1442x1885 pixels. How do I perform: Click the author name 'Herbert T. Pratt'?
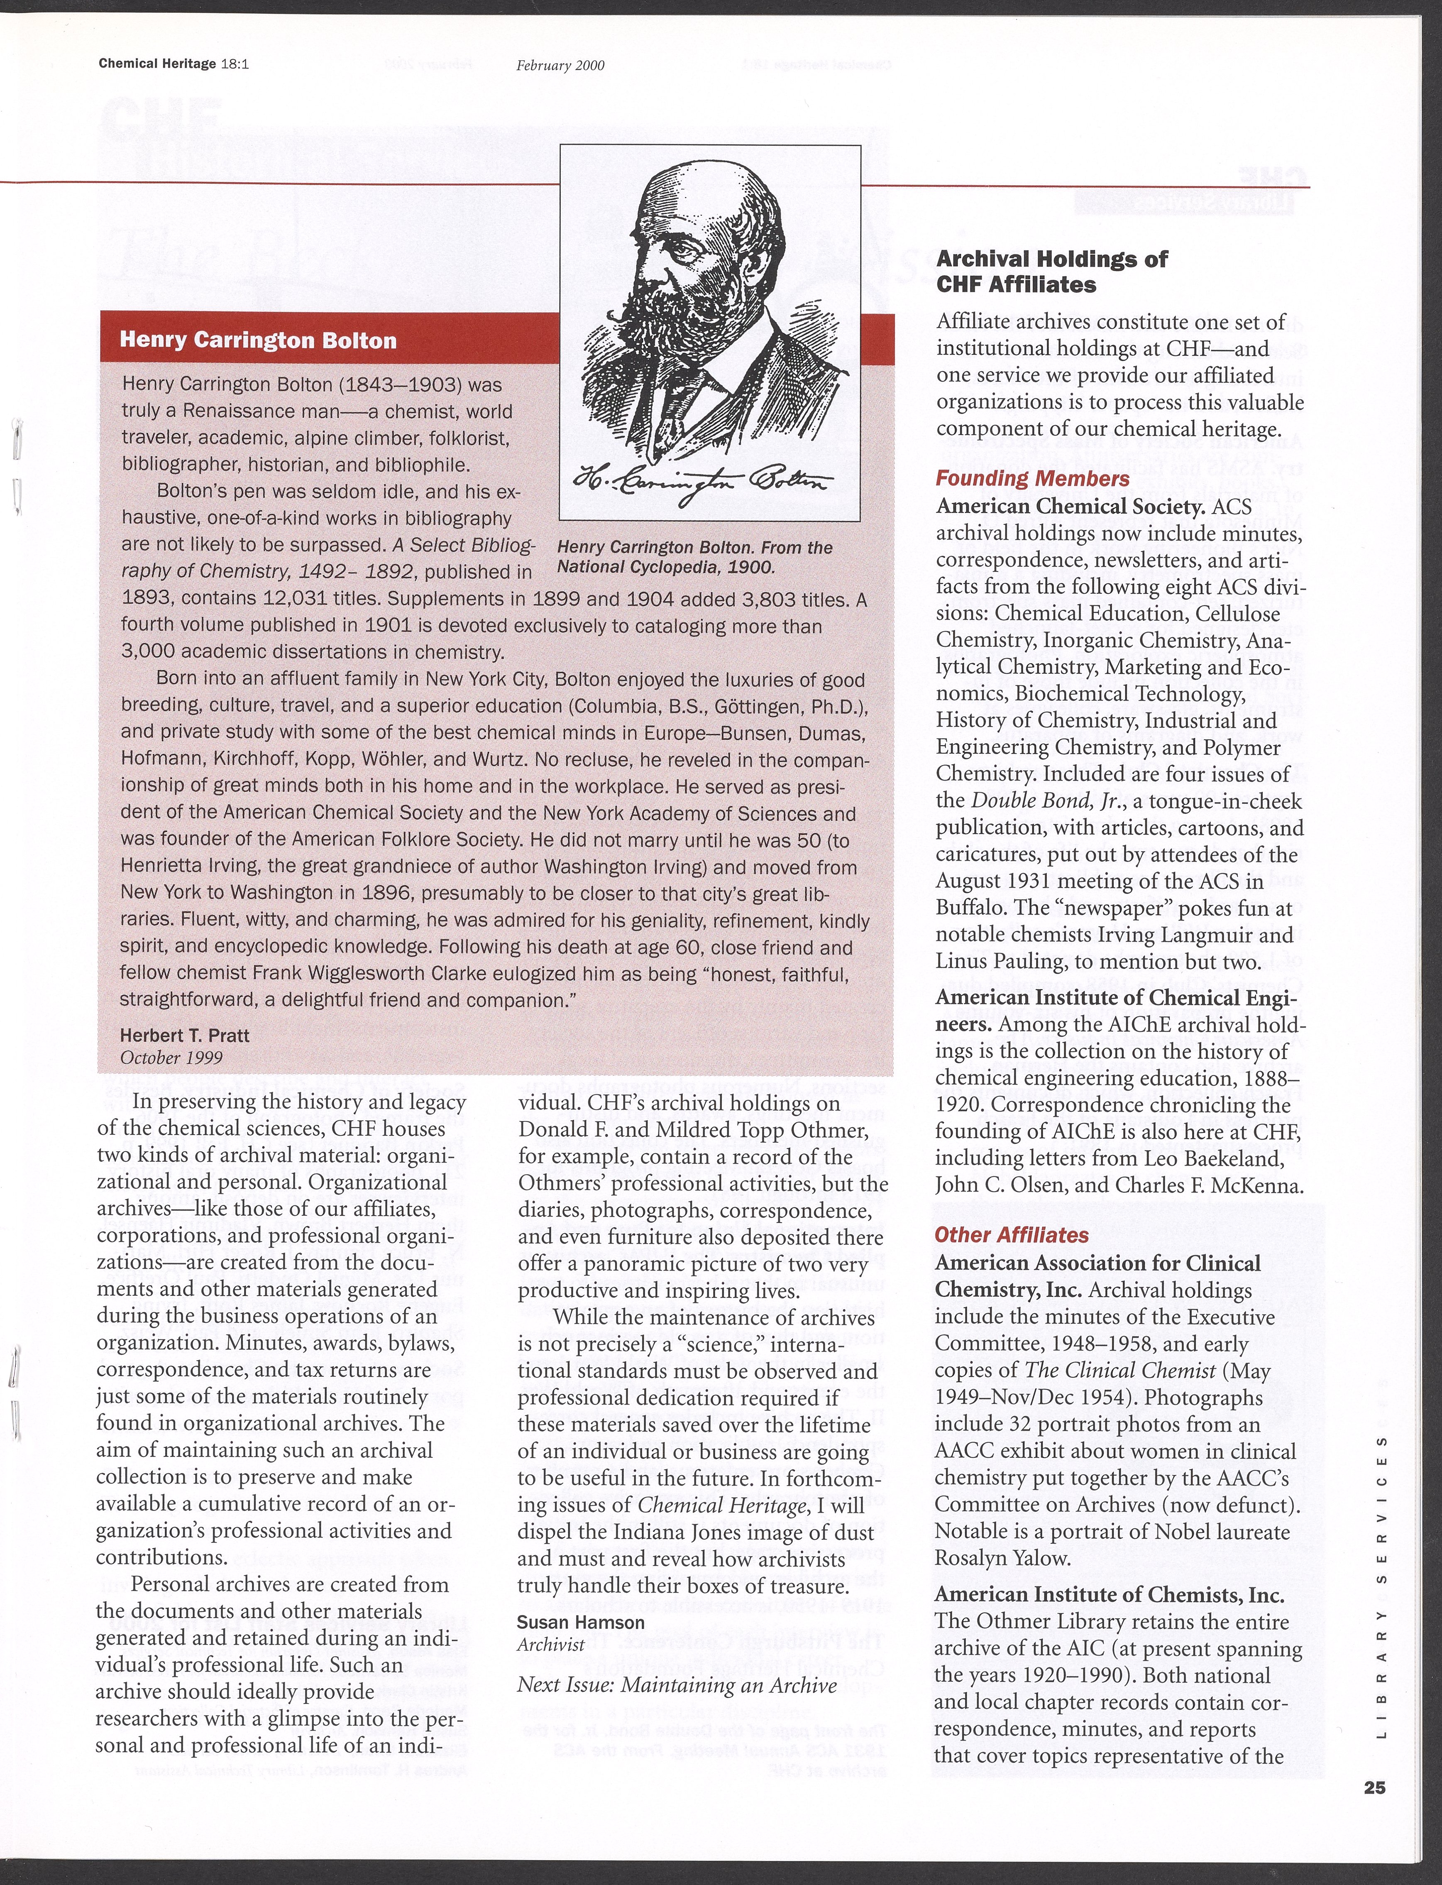[x=185, y=1035]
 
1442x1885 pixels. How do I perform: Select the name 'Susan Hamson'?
[x=580, y=1622]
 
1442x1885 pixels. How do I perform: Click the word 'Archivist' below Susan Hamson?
[x=550, y=1645]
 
